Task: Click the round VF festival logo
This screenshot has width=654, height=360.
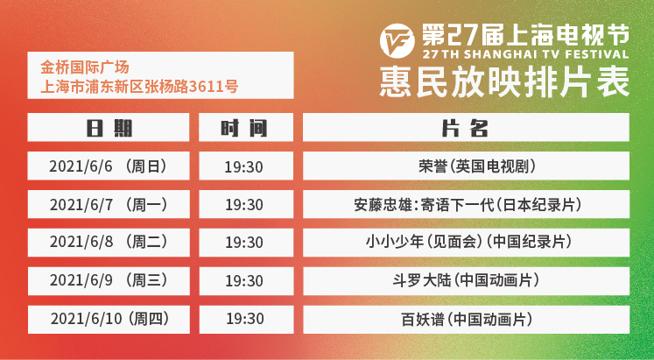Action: click(x=397, y=40)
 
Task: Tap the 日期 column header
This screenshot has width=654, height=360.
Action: click(x=109, y=127)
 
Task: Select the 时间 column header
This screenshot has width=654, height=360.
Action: click(x=246, y=127)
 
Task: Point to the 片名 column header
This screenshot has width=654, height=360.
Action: click(x=466, y=127)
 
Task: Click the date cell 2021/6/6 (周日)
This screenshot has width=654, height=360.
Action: click(x=109, y=166)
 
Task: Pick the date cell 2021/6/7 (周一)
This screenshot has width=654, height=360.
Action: click(x=109, y=204)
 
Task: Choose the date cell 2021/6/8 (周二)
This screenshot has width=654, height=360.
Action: click(x=109, y=243)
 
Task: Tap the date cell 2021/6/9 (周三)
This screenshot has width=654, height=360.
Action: click(x=109, y=281)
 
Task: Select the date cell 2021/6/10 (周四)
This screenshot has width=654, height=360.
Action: click(x=109, y=320)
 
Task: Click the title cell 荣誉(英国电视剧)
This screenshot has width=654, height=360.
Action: click(x=466, y=166)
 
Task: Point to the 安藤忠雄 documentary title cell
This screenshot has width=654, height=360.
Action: click(x=466, y=204)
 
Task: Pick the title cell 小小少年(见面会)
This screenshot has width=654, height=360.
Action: click(x=466, y=243)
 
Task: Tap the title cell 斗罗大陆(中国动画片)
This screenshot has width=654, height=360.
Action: click(x=466, y=281)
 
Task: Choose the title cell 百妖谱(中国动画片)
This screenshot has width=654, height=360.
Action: click(x=466, y=320)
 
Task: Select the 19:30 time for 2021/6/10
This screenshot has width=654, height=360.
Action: click(x=245, y=319)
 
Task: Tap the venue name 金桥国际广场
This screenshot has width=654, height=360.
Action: click(x=85, y=67)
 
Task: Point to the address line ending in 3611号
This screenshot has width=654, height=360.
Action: click(x=139, y=86)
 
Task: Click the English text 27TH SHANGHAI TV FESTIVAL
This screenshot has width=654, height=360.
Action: click(x=525, y=54)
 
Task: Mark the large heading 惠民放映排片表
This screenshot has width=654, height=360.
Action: click(x=504, y=81)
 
